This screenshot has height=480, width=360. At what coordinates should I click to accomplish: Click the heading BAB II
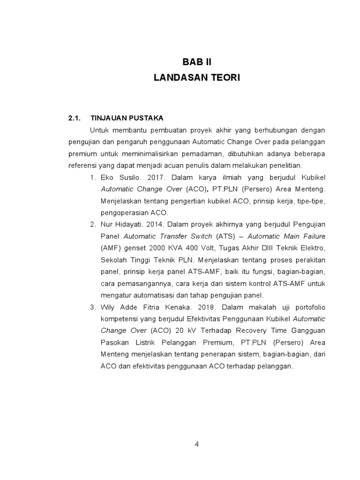pos(196,62)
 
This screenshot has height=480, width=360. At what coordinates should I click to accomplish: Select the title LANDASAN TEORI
pos(196,78)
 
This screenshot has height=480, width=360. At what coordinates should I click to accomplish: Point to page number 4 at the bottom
pos(197,444)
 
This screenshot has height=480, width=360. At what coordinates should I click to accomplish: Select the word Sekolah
pos(114,260)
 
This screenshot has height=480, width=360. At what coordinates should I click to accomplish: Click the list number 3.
pos(92,307)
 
